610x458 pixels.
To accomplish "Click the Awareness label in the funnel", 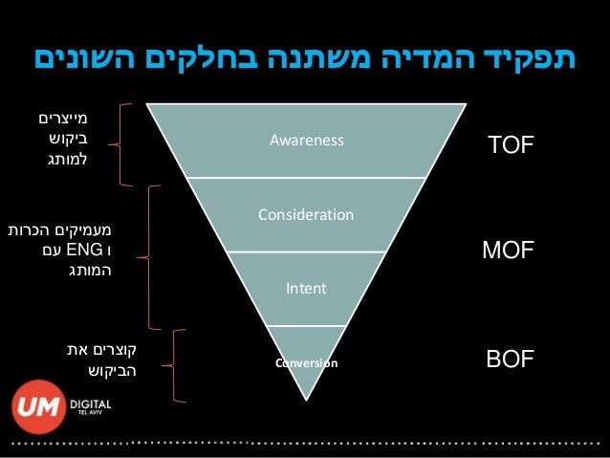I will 305,141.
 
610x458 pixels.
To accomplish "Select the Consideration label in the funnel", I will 305,214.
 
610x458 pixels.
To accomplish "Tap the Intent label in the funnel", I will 305,287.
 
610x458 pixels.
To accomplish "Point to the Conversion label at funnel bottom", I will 305,363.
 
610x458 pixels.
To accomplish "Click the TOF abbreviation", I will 510,145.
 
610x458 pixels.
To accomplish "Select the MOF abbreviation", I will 508,251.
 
